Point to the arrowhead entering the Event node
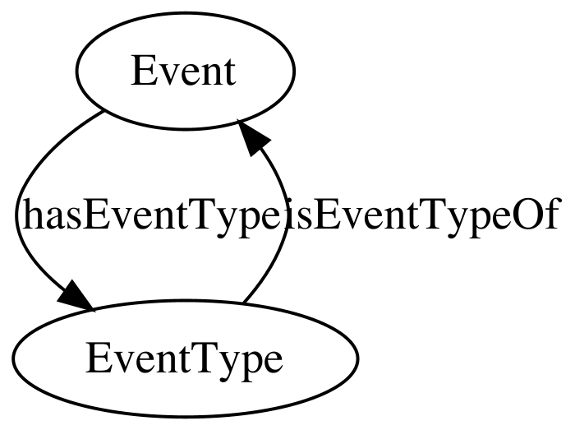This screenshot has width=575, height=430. [253, 137]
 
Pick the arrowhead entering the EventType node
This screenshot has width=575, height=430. [76, 298]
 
